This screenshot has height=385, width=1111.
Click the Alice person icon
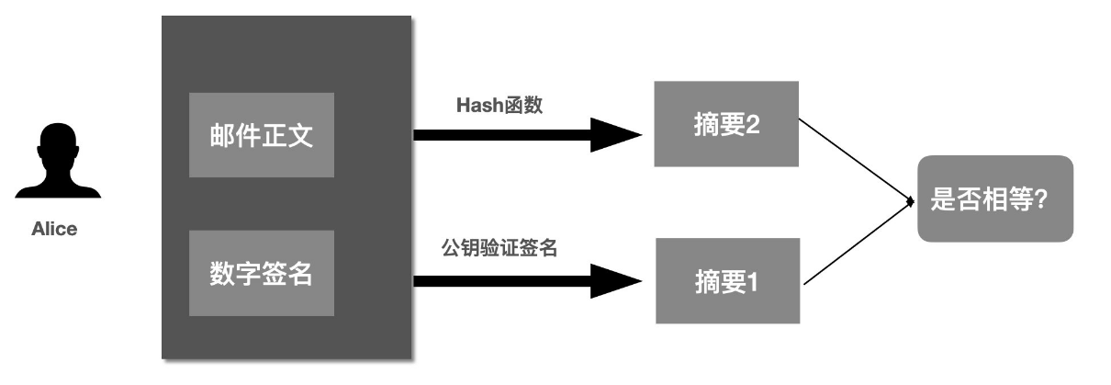tap(58, 165)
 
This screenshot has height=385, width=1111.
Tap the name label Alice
tap(54, 230)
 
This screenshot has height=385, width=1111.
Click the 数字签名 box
tap(262, 273)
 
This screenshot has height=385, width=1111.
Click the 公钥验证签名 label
tap(499, 247)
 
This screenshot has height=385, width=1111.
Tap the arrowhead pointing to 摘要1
tap(615, 279)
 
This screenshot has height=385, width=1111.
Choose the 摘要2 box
tap(726, 124)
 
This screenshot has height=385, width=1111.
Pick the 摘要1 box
tap(726, 280)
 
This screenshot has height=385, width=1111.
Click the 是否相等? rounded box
tap(994, 199)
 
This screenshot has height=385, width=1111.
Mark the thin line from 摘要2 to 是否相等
tap(854, 158)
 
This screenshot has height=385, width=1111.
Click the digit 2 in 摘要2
tap(752, 125)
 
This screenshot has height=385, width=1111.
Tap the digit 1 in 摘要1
tap(752, 281)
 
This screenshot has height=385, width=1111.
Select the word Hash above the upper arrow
tap(477, 105)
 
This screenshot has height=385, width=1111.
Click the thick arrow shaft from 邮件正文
tap(500, 135)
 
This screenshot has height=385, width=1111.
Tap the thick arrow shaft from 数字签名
tap(500, 279)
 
